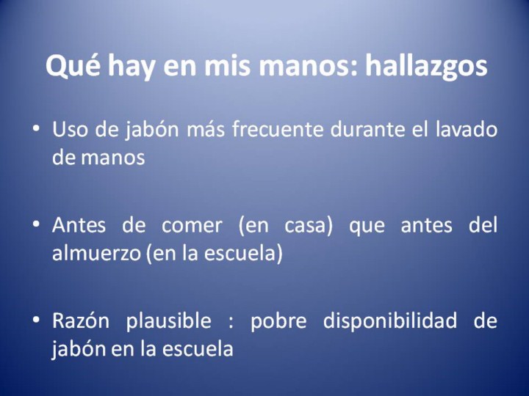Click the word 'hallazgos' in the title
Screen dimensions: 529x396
click(426, 66)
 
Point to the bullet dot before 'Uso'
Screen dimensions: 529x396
click(36, 129)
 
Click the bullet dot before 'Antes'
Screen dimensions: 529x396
click(36, 224)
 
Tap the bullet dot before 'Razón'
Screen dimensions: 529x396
click(36, 320)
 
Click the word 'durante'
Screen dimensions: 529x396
click(367, 129)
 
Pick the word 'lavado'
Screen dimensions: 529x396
click(467, 129)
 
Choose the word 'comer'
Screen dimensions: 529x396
click(192, 225)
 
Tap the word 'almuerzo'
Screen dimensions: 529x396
click(96, 253)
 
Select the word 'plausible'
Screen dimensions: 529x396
click(169, 321)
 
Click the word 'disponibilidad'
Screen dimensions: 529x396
click(390, 321)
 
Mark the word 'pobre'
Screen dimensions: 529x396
click(278, 320)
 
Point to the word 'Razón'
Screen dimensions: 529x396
click(81, 320)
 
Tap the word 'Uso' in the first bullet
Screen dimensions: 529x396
click(70, 130)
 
